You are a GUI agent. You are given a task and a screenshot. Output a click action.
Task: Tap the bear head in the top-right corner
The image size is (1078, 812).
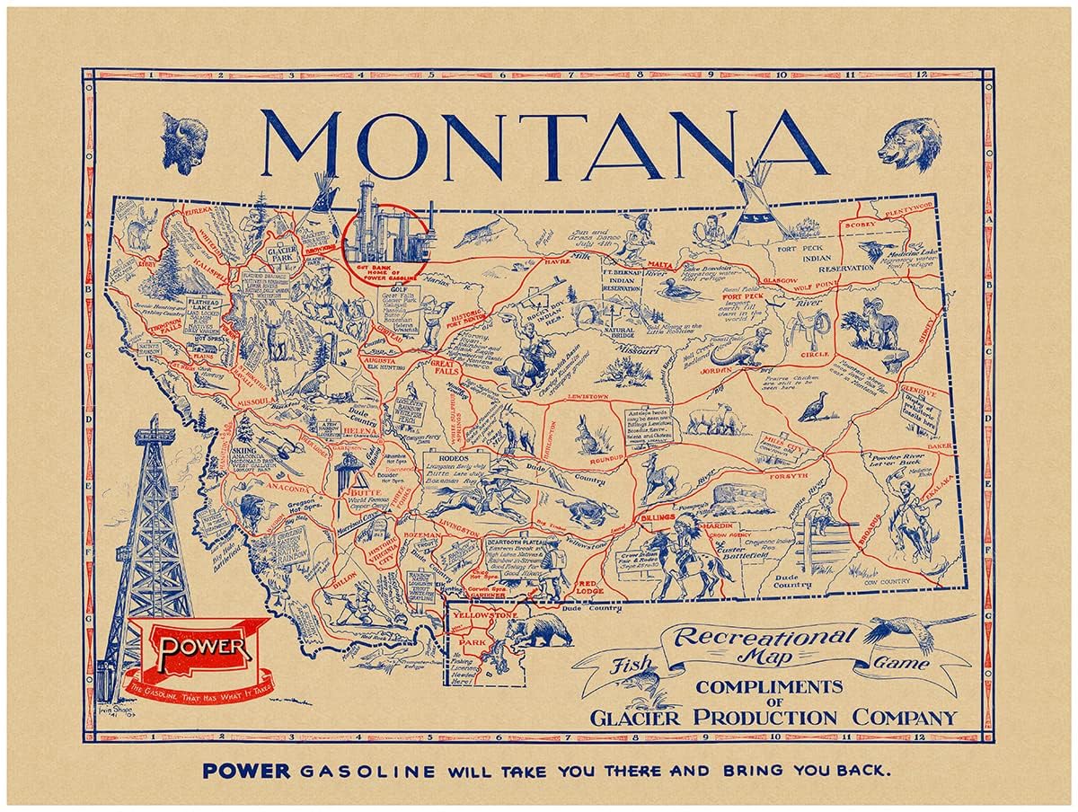[x=909, y=143]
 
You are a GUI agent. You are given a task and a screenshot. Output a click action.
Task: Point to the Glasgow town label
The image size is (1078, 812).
[x=778, y=280]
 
